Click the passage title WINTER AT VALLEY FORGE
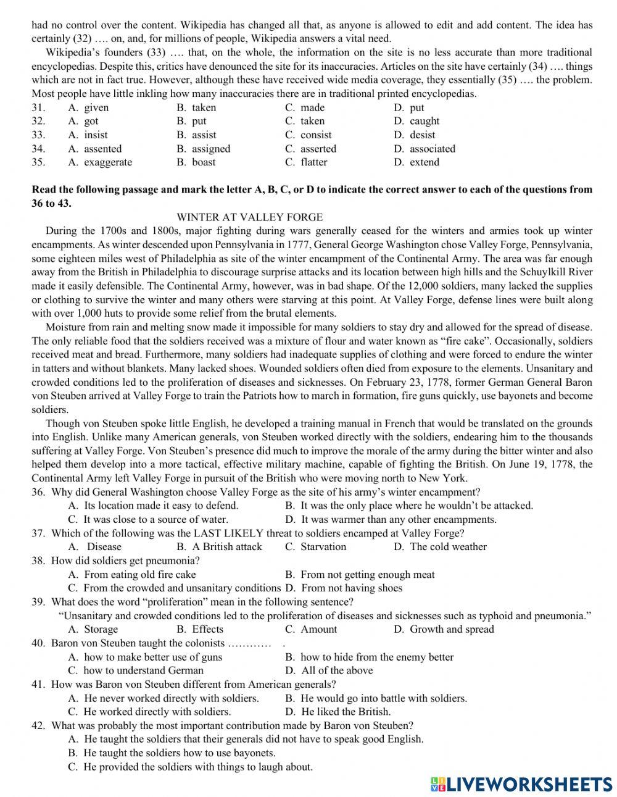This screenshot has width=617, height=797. [x=249, y=217]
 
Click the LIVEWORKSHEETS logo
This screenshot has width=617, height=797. [x=521, y=783]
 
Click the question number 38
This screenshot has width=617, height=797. [x=38, y=561]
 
